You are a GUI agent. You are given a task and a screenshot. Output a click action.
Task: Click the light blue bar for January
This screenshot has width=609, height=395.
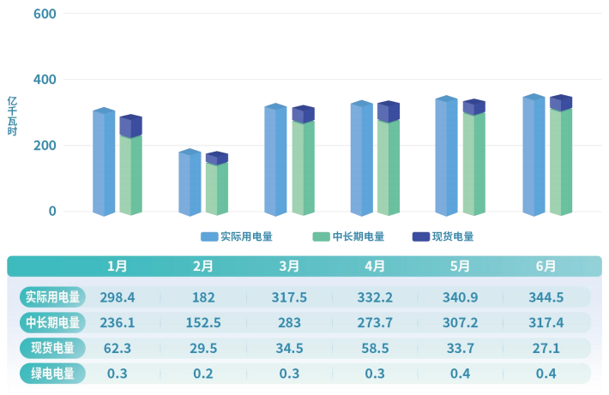[x=104, y=163]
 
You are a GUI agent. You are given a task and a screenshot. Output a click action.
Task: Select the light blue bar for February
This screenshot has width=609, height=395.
[x=190, y=183]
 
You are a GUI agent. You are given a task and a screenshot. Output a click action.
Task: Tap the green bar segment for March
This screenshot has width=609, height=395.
[x=303, y=168]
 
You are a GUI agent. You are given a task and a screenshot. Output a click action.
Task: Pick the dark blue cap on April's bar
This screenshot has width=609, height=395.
[x=389, y=112]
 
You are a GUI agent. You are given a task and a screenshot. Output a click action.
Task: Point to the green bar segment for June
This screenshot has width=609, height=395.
[x=561, y=162]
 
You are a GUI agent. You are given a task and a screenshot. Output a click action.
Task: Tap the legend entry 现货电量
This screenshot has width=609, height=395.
[x=443, y=237]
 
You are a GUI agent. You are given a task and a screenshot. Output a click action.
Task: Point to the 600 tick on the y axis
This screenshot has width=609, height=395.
[x=45, y=15]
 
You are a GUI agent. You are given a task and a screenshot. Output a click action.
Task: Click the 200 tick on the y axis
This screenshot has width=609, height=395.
[x=45, y=146]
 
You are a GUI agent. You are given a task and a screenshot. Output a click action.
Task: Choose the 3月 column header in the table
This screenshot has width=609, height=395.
[x=289, y=266]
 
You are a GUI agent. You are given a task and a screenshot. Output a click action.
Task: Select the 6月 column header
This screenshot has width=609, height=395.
[x=546, y=266]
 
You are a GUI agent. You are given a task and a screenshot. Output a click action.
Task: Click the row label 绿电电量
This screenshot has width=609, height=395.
[x=52, y=374]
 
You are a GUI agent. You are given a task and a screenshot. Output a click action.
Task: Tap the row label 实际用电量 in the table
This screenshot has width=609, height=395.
[x=52, y=297]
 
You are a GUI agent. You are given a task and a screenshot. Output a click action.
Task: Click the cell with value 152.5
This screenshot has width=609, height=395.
[x=203, y=323]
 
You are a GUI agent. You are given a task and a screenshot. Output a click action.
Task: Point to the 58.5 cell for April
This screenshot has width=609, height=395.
[x=375, y=348]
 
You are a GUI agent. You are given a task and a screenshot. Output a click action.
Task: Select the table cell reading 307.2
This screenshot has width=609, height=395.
[x=461, y=323]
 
